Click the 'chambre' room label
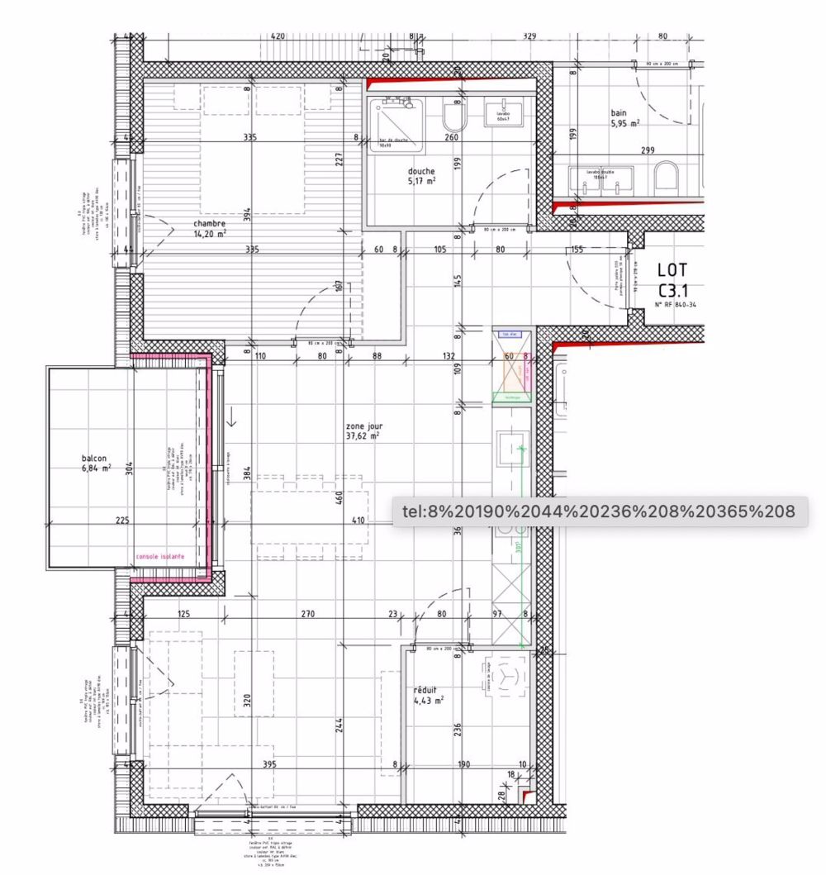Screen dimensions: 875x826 [x=209, y=223]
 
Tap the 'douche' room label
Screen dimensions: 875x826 [x=421, y=171]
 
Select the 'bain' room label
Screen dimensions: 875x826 [x=619, y=113]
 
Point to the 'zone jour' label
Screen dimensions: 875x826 [x=364, y=426]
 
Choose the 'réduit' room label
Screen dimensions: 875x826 [x=426, y=690]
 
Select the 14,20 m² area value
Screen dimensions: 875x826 [x=210, y=233]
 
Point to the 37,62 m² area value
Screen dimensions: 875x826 [x=364, y=436]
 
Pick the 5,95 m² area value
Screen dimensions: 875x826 [x=624, y=124]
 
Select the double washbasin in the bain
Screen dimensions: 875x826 [x=601, y=178]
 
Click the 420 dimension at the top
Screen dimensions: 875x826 [x=278, y=36]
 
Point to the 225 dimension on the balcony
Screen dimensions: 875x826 [x=121, y=521]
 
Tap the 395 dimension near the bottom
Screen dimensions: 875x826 [x=269, y=765]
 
